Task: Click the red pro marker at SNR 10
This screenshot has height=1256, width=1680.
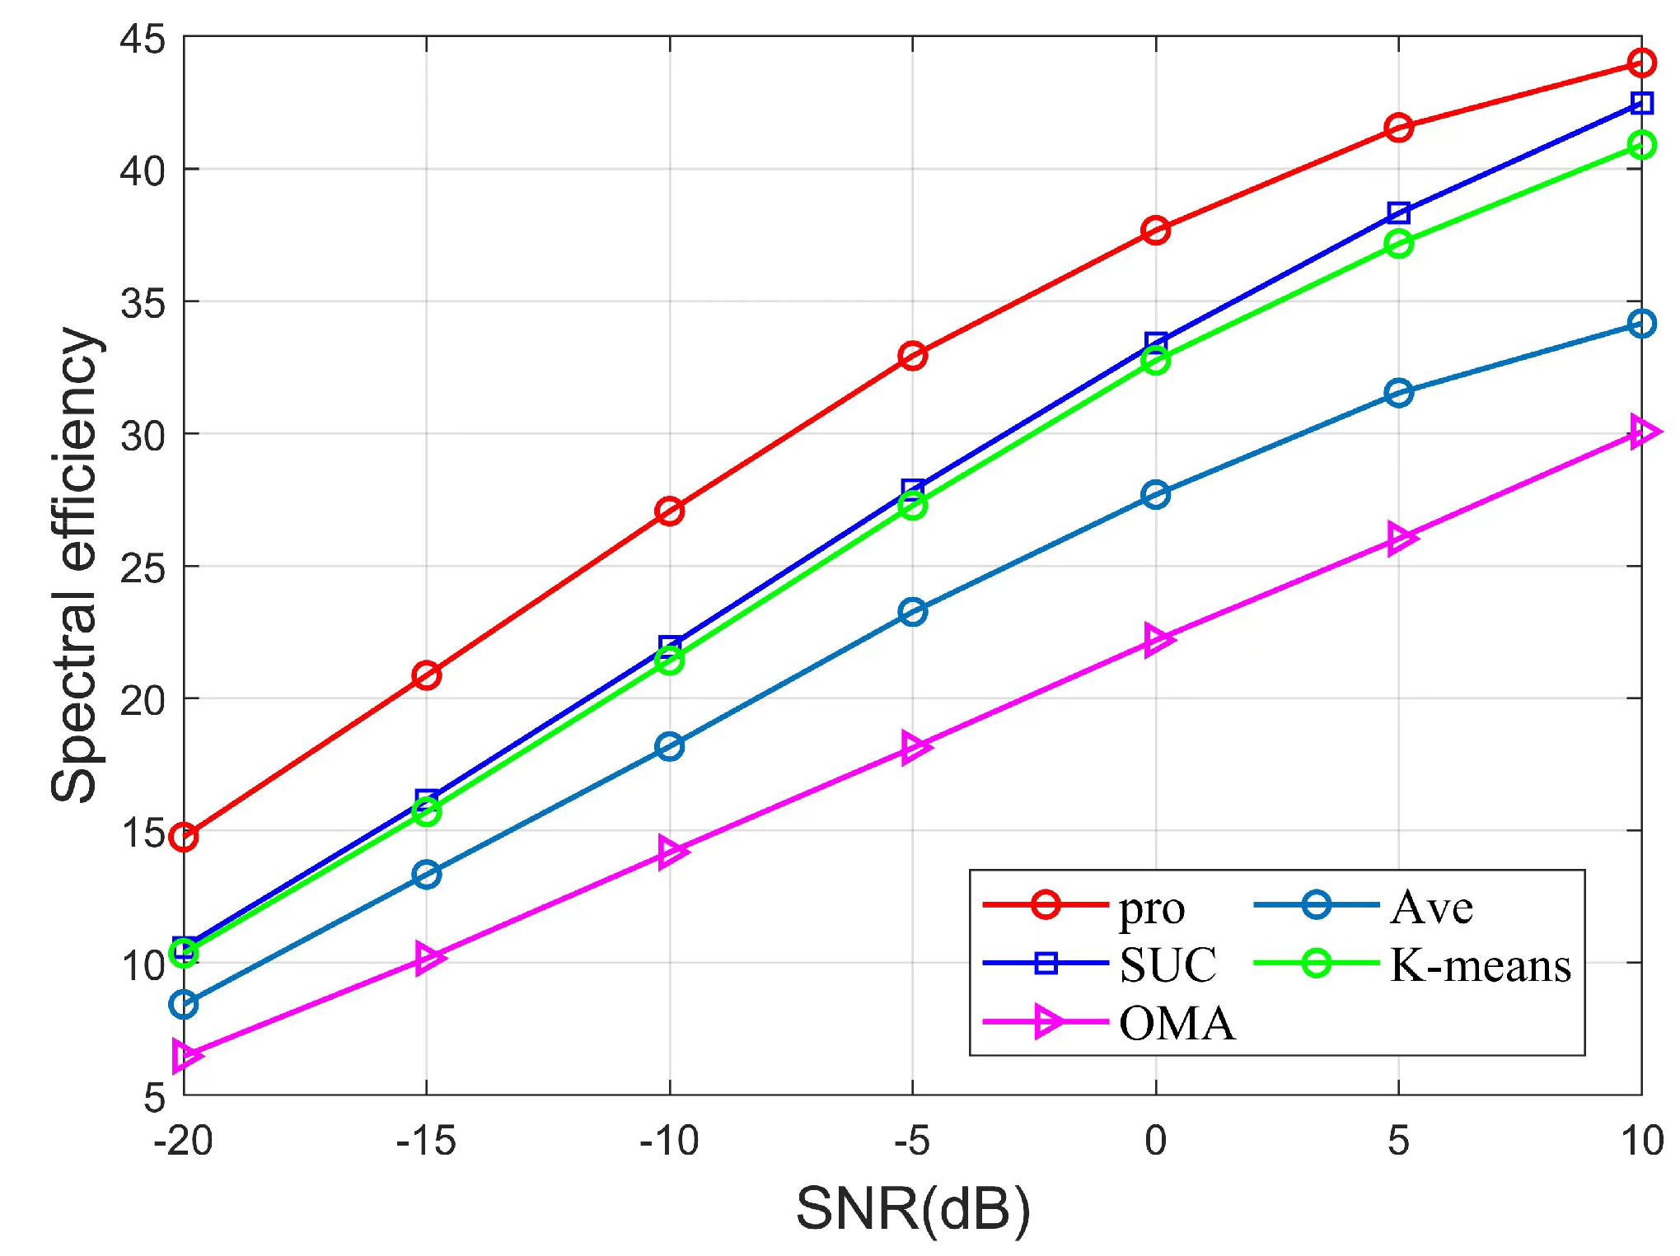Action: [x=1641, y=63]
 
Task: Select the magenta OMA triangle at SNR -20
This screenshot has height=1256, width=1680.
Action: [x=185, y=1055]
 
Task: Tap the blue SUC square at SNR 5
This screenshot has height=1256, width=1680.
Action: [x=1398, y=212]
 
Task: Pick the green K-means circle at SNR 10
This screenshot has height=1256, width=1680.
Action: [x=1641, y=146]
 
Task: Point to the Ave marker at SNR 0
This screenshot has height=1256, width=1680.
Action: [x=1155, y=494]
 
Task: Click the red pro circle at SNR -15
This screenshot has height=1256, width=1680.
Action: [x=426, y=675]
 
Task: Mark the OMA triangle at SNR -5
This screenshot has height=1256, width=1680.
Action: [x=914, y=747]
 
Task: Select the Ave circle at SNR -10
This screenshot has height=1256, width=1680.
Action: [x=669, y=746]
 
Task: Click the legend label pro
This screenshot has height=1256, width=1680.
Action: [x=1151, y=908]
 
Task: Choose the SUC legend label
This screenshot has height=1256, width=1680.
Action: [x=1168, y=964]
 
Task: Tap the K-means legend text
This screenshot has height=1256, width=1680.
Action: [x=1480, y=964]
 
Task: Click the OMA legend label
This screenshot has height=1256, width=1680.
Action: [x=1177, y=1024]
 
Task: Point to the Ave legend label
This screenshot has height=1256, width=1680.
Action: [x=1431, y=908]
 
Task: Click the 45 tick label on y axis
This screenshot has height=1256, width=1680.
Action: [x=142, y=40]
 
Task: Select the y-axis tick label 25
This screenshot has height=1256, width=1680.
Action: [x=142, y=568]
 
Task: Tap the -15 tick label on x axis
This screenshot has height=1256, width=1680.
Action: [x=425, y=1142]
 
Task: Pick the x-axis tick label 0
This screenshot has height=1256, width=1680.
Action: [x=1155, y=1142]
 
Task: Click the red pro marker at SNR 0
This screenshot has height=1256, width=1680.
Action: [x=1155, y=230]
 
